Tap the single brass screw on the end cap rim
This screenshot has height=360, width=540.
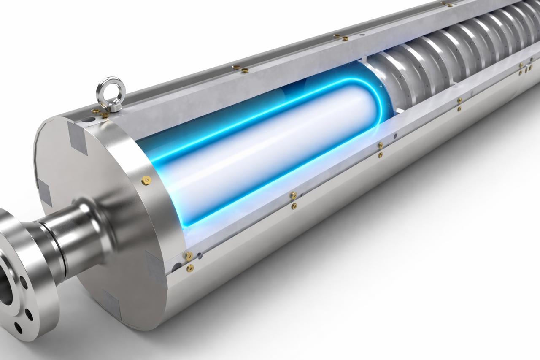pos(146,181)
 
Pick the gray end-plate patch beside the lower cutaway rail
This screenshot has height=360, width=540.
pos(154,266)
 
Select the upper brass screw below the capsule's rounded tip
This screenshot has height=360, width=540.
pos(380,145)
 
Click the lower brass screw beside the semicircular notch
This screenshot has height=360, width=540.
pos(190,268)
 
